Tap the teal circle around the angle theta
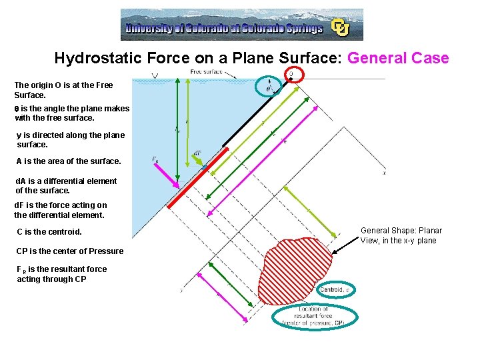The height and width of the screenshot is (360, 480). tap(268, 87)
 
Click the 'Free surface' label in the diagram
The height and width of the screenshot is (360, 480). tap(206, 71)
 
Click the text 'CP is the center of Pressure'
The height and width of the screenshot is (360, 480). tap(70, 251)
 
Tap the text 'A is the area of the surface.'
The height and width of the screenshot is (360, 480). tap(68, 161)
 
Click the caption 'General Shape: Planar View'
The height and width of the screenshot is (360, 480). tap(401, 235)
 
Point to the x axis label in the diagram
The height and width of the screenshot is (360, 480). tap(385, 173)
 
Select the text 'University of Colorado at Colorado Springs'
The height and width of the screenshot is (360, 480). tap(224, 29)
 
